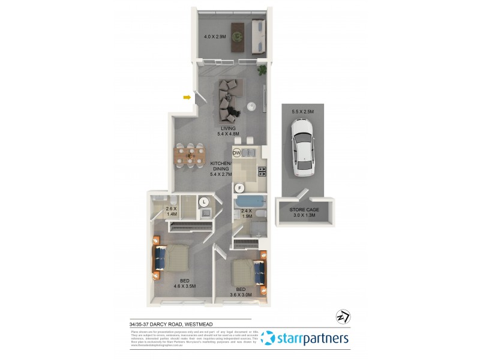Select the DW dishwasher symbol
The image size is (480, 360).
tap(237, 152)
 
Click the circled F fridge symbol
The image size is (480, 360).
tap(239, 188)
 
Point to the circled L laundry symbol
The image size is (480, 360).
tap(204, 202)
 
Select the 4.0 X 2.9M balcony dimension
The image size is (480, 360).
tap(215, 37)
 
